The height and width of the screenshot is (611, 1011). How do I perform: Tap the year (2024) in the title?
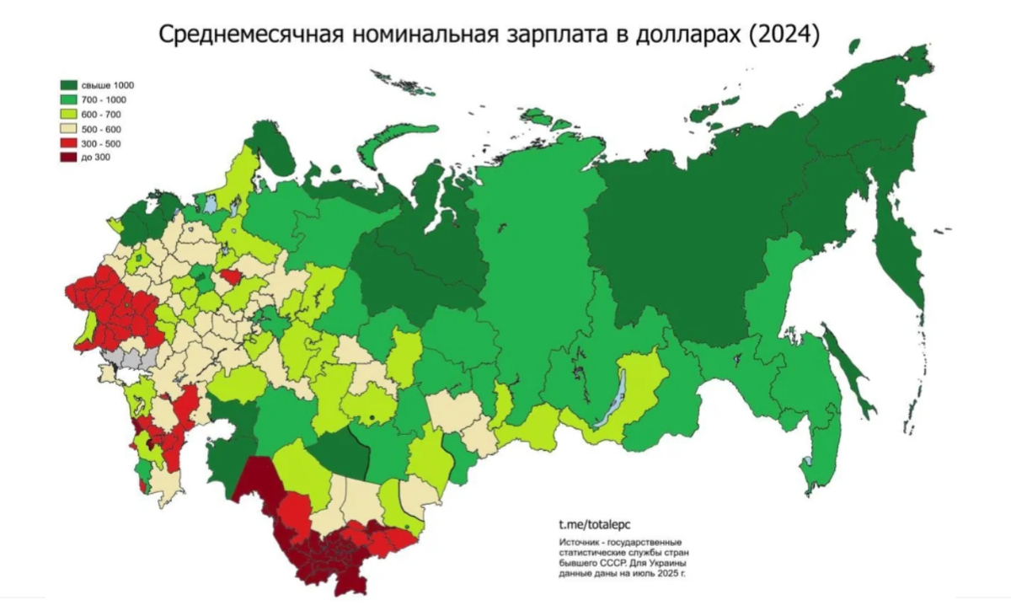click(783, 37)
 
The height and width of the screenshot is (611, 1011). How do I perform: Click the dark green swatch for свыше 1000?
click(68, 85)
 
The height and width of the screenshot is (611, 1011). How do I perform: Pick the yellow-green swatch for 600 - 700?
click(68, 114)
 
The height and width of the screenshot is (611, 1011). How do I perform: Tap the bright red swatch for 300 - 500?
click(68, 142)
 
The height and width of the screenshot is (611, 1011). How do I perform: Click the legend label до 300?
click(95, 157)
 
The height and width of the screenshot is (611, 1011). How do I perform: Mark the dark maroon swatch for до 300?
click(68, 157)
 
